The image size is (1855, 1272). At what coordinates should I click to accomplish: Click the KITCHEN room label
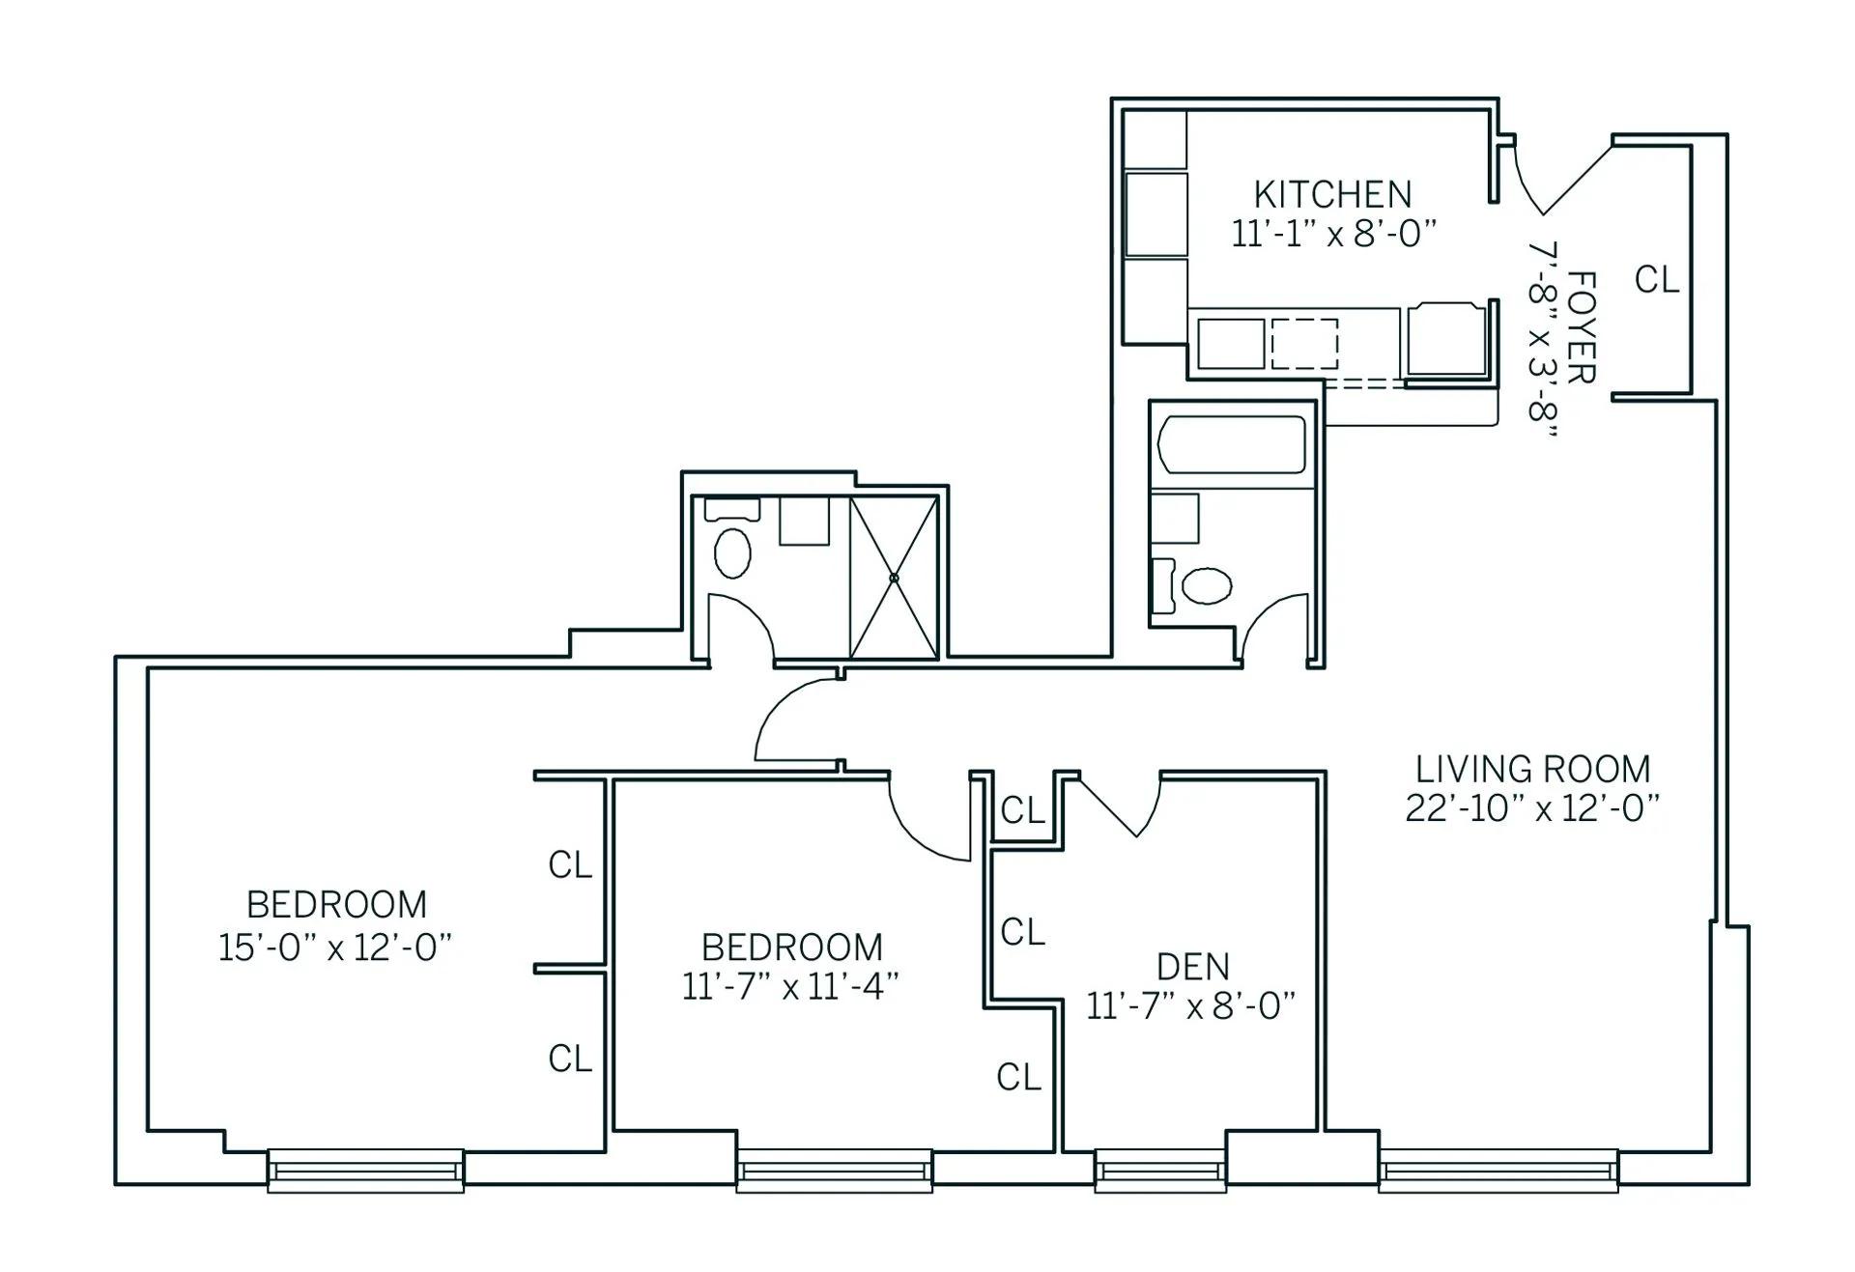[x=1332, y=195]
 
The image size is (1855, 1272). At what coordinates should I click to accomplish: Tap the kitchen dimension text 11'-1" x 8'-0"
[x=1333, y=234]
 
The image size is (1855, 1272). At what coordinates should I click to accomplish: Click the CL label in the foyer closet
[x=1656, y=280]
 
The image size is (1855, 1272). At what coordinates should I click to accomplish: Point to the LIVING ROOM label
[x=1532, y=770]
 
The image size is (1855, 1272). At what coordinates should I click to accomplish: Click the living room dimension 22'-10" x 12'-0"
[x=1532, y=808]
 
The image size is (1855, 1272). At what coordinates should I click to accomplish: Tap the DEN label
[x=1192, y=967]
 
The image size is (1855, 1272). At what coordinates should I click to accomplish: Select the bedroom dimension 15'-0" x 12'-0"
[x=335, y=947]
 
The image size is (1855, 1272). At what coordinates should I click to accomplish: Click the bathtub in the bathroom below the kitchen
[x=1231, y=444]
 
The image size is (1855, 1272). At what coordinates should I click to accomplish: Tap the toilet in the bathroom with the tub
[x=1207, y=585]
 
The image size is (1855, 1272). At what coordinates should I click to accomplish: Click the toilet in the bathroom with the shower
[x=732, y=552]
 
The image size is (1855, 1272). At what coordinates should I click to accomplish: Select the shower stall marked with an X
[x=894, y=578]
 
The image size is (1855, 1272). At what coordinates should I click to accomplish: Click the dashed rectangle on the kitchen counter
[x=1304, y=344]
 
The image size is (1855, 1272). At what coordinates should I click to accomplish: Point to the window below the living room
[x=1498, y=1171]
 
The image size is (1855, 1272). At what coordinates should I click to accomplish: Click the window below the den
[x=1160, y=1171]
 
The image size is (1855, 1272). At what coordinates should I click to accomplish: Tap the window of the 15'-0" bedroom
[x=365, y=1171]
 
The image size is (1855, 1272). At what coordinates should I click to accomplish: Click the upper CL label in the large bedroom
[x=569, y=865]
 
